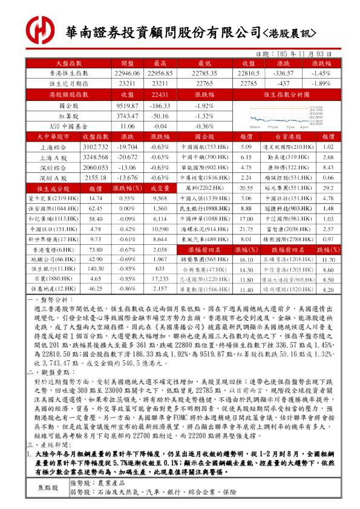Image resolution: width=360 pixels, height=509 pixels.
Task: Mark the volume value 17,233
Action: coord(160,279)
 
